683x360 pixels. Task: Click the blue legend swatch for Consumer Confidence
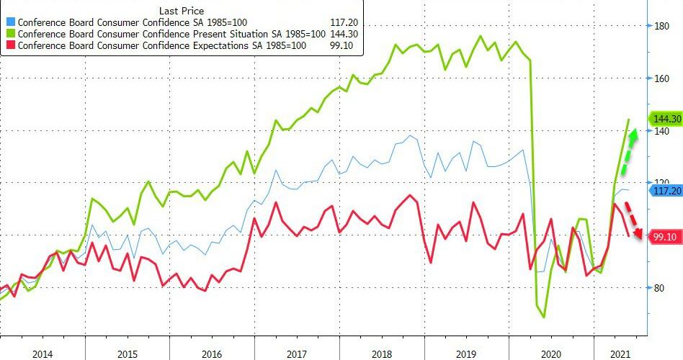click(10, 22)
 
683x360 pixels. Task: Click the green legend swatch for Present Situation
click(10, 33)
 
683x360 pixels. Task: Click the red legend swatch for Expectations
click(10, 45)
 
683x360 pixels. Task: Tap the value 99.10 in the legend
click(344, 45)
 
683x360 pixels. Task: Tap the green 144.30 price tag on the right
click(666, 118)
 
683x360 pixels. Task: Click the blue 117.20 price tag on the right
click(666, 191)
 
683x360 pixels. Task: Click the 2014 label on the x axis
click(43, 354)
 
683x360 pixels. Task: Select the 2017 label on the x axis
click(297, 354)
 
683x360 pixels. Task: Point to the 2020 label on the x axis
click(551, 354)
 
